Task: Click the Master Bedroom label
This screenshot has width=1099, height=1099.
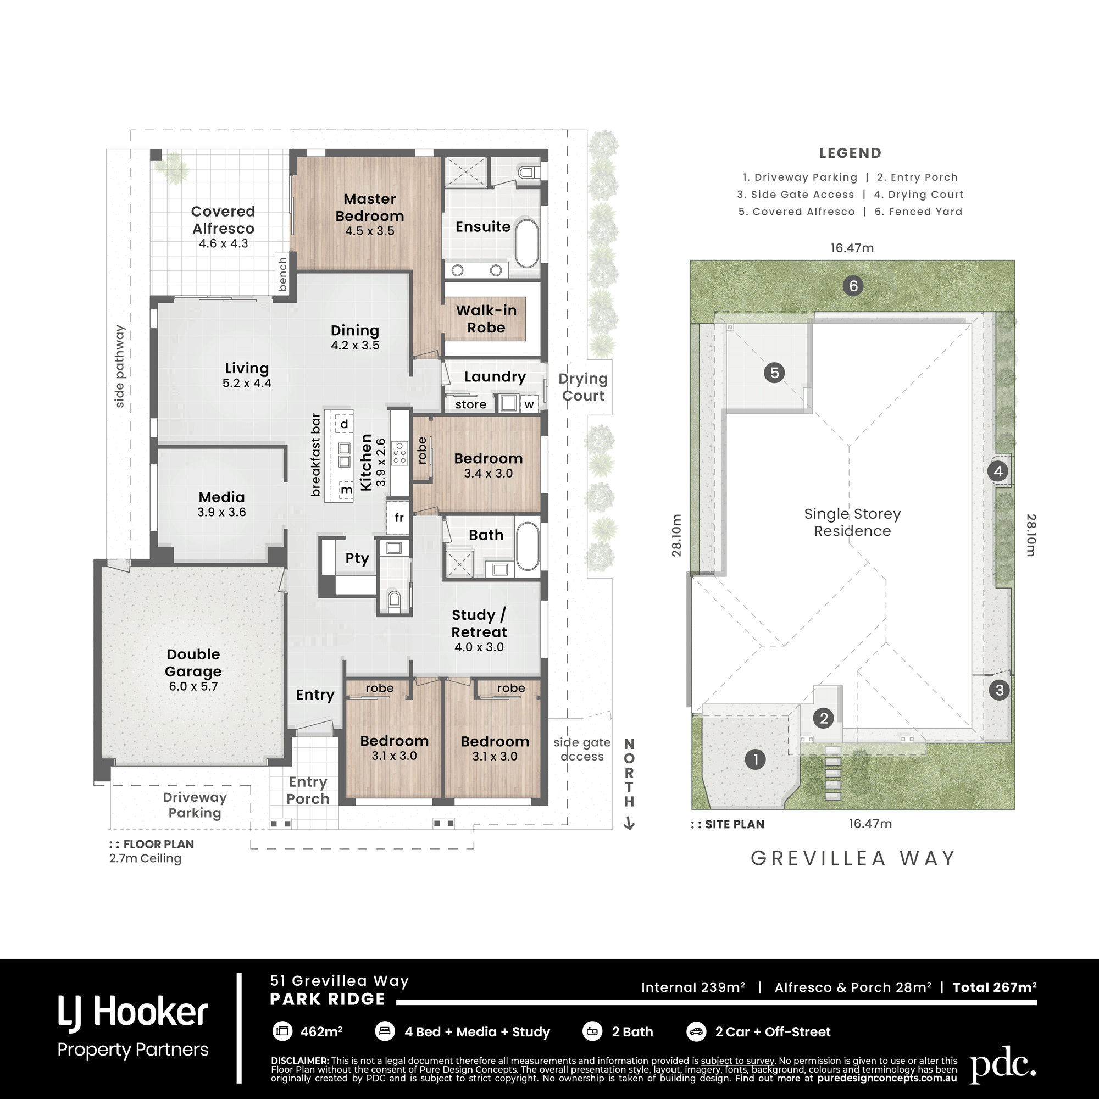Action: [x=370, y=207]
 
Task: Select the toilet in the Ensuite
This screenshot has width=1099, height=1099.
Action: [x=528, y=172]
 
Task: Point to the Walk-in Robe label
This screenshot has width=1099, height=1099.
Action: [x=486, y=319]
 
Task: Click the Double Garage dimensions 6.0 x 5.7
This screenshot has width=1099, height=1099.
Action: [x=193, y=686]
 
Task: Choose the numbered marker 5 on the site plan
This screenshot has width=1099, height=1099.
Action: [x=774, y=373]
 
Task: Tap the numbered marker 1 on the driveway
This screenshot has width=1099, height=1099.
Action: [x=756, y=759]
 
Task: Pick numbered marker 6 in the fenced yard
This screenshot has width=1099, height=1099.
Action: [x=853, y=286]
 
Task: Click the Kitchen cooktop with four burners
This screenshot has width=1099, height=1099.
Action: [x=399, y=453]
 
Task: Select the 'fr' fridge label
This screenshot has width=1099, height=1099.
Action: [x=399, y=518]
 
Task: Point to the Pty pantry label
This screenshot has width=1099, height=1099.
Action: [x=357, y=558]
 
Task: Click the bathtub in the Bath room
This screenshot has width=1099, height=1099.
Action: [x=528, y=546]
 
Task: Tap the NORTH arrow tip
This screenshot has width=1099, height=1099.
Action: [x=629, y=830]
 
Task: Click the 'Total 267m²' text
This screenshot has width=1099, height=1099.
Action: [x=995, y=987]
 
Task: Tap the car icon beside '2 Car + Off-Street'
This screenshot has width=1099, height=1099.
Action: [x=696, y=1031]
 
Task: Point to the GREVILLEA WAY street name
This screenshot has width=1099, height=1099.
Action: [x=852, y=858]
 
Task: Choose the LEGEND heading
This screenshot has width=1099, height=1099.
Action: [x=850, y=153]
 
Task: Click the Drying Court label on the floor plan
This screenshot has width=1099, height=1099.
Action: [x=583, y=387]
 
